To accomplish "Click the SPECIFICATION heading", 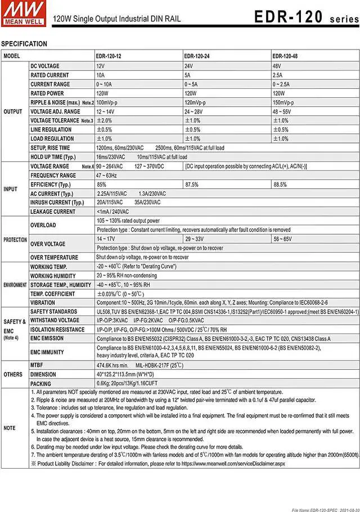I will pyautogui.click(x=24, y=44).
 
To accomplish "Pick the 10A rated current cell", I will pyautogui.click(x=101, y=75).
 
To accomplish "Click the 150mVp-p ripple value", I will pyautogui.click(x=283, y=102).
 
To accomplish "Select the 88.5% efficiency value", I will pyautogui.click(x=280, y=185).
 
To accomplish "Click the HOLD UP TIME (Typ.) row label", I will pyautogui.click(x=53, y=157).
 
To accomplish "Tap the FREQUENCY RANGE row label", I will pyautogui.click(x=53, y=176).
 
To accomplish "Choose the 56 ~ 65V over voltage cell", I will pyautogui.click(x=283, y=239).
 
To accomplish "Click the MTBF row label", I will pyautogui.click(x=38, y=365).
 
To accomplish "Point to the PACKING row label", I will pyautogui.click(x=41, y=383).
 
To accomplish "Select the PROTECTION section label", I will pyautogui.click(x=15, y=240).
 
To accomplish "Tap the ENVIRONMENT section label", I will pyautogui.click(x=15, y=285).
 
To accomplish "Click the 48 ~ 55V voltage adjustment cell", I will pyautogui.click(x=282, y=111).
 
